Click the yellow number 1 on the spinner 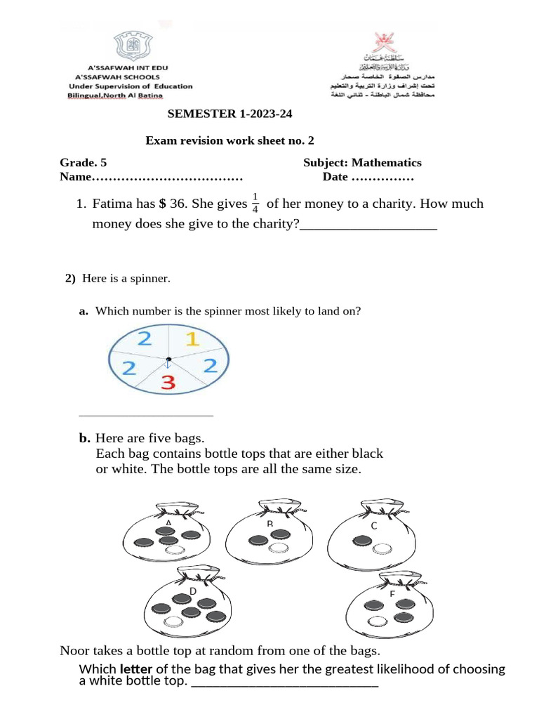coord(192,340)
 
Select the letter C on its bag coord(374,525)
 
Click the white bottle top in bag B coord(279,547)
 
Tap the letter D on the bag coord(192,592)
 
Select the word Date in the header coord(335,177)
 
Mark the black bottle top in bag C coord(363,540)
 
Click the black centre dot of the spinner coord(168,359)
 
